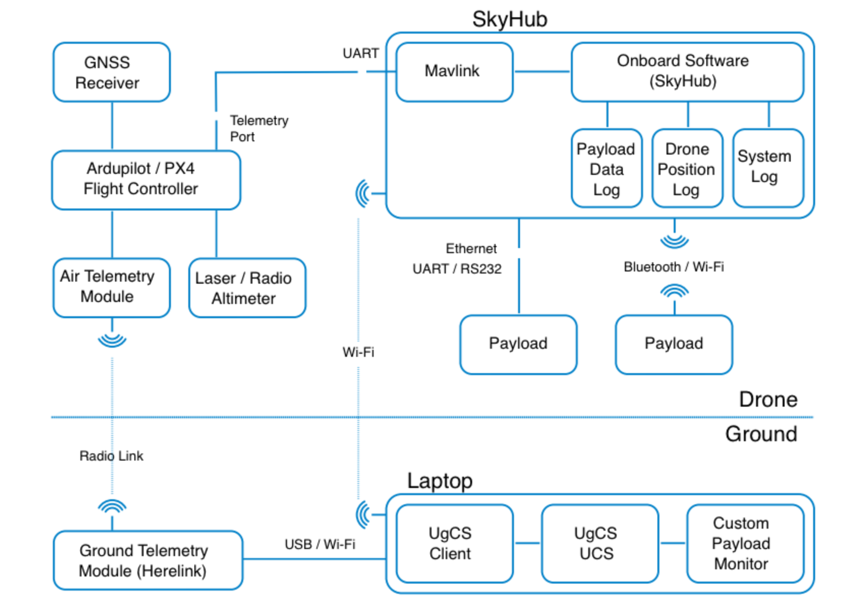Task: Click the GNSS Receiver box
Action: click(111, 72)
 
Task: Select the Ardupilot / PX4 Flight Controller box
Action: click(146, 179)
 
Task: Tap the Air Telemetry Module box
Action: click(111, 287)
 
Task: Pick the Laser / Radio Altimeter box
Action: click(247, 288)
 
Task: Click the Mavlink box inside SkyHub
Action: click(454, 72)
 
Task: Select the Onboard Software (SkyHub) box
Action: click(687, 72)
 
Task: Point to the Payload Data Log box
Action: click(606, 168)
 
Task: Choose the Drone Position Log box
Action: click(687, 168)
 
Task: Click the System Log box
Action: click(768, 168)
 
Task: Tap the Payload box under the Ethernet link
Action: click(518, 344)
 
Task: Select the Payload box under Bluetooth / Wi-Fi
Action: click(674, 344)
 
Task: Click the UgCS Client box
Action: click(454, 543)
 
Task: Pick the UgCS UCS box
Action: click(599, 543)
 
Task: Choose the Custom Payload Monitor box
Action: click(745, 543)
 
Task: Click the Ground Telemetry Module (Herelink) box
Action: click(148, 560)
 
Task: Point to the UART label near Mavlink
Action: click(360, 53)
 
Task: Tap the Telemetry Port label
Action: click(258, 128)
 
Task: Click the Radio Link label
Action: click(111, 456)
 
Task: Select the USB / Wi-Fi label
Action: click(320, 544)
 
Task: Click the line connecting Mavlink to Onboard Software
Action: click(542, 72)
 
